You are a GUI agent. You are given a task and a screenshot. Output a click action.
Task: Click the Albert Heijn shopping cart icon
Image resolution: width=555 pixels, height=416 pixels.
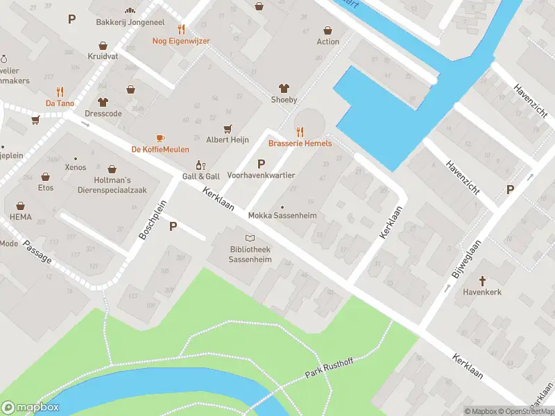228,128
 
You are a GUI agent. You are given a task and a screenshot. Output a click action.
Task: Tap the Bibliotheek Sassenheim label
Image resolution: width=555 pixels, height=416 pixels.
250,254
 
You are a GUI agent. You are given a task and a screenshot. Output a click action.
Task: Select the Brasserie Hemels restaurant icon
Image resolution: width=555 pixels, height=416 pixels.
300,131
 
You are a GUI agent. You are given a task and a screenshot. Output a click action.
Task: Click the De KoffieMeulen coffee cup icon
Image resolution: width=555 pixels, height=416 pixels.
160,138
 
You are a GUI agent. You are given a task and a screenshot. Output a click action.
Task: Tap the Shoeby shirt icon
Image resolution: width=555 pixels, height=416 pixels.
283,88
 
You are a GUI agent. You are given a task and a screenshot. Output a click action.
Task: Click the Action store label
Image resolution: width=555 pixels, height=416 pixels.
327,42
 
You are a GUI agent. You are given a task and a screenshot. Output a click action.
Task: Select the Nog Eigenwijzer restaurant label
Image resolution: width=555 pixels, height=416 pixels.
181,41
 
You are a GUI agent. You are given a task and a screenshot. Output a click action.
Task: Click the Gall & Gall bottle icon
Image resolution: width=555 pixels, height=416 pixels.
200,165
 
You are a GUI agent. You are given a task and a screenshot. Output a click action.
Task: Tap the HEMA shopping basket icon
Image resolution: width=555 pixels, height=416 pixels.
20,205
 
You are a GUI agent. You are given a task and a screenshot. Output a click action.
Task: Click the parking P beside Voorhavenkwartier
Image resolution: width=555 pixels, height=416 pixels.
261,164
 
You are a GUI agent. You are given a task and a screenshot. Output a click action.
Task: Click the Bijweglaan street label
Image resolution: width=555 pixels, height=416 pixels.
466,261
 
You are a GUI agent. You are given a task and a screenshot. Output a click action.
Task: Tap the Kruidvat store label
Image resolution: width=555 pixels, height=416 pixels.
102,55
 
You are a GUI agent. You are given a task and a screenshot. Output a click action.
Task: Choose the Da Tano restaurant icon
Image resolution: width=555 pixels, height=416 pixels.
60,92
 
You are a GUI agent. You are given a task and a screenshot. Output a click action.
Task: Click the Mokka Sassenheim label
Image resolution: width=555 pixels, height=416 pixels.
282,216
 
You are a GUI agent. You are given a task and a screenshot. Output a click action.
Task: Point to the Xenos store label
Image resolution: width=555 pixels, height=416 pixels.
75,168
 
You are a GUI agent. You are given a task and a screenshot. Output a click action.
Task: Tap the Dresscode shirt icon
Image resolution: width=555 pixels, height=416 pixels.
103,102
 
